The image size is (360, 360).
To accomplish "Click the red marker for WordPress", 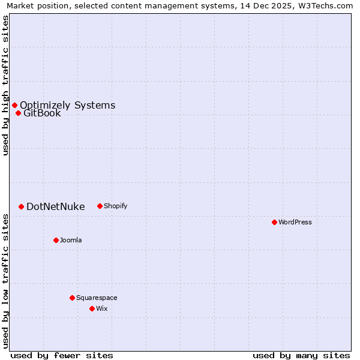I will (274, 222).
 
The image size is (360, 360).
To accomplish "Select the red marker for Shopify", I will (100, 206).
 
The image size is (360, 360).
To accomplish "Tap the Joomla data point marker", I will (56, 240).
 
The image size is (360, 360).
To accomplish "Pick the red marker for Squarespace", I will (72, 298).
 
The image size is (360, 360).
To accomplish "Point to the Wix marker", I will (92, 308).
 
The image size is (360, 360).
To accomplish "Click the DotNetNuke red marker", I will (21, 206).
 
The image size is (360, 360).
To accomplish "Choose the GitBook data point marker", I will (18, 113).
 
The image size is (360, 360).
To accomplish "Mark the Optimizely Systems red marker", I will (14, 105).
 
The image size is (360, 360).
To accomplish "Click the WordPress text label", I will (295, 222).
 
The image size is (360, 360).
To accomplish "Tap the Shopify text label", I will (116, 206).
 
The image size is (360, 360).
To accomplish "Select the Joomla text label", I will (71, 240).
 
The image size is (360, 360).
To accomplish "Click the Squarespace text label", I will (97, 298).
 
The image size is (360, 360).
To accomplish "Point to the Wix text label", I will (102, 308).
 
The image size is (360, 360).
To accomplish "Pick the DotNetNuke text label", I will (56, 206).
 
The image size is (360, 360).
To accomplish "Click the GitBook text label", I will (42, 113).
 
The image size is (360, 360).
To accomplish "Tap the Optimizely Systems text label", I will (67, 105).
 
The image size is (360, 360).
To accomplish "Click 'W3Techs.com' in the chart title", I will (327, 5).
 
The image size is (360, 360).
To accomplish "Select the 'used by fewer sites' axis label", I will (62, 355).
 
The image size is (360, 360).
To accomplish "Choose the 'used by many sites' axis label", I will (301, 355).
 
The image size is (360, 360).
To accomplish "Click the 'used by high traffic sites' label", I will (5, 85).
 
